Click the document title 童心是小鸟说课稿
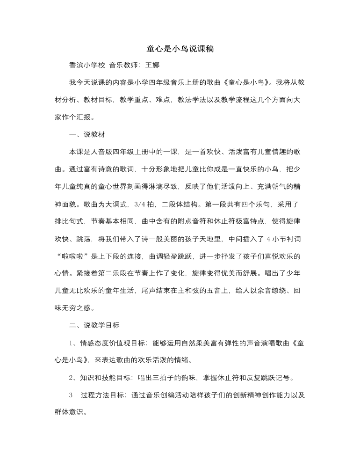[180, 49]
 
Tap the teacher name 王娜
[153, 66]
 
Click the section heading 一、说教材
[87, 135]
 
